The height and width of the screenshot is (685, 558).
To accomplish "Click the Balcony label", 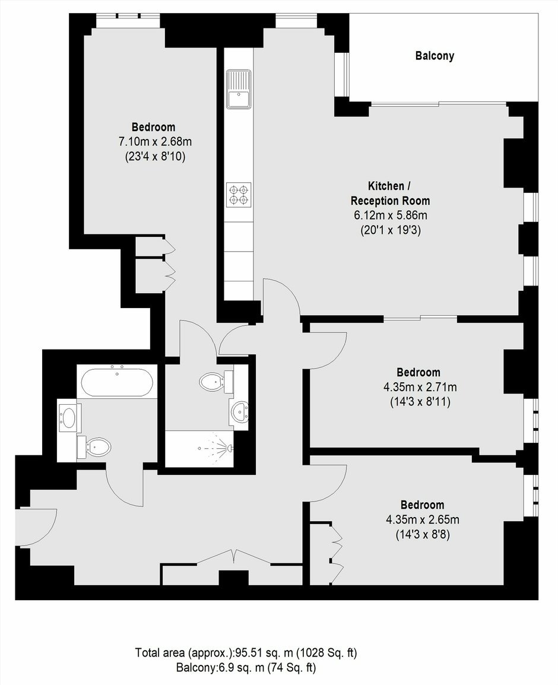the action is (435, 56).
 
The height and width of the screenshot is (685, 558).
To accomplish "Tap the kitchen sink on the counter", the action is (239, 89).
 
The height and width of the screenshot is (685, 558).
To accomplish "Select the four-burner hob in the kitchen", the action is (239, 195).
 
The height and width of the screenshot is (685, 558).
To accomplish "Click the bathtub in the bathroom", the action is (117, 382).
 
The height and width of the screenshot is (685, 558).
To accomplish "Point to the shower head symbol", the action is (229, 448).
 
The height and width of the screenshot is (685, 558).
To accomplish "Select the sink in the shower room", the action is (239, 411).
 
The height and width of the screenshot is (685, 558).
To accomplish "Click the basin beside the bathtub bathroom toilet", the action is (69, 417).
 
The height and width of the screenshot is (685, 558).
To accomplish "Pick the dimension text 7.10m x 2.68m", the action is (155, 141).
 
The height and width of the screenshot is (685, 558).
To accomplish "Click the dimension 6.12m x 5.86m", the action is (390, 215).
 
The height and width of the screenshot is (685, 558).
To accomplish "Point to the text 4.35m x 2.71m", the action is (420, 386).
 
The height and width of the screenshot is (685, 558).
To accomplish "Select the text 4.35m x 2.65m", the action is (423, 519).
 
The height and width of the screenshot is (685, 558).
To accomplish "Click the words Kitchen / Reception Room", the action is (390, 194).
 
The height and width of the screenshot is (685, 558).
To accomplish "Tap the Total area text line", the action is (246, 653).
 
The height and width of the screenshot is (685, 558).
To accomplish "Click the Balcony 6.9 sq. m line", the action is (246, 668).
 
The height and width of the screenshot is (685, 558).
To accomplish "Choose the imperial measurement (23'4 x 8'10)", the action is (155, 156).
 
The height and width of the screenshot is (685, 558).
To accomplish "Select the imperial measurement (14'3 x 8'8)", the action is (423, 534).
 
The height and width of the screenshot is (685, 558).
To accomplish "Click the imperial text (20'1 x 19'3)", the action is (390, 230).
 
